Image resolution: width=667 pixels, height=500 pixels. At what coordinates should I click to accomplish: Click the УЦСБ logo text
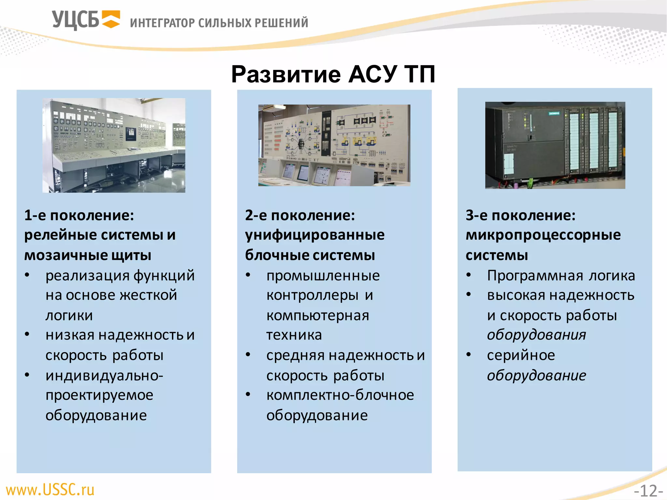point(75,20)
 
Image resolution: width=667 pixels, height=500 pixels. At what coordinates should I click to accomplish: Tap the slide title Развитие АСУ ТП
point(333,74)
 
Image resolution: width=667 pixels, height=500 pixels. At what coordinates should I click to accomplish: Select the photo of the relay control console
point(114,145)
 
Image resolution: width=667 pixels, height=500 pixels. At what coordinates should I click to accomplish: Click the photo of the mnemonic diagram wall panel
point(334,145)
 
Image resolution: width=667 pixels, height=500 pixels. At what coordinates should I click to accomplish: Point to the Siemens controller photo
point(555,145)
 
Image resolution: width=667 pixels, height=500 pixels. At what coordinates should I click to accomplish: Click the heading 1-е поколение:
point(79,215)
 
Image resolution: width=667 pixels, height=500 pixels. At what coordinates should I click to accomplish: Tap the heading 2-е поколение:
point(300,215)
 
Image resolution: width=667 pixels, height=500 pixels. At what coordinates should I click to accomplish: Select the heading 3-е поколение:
point(520,215)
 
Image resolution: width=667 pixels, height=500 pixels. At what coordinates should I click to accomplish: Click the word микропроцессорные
point(543,235)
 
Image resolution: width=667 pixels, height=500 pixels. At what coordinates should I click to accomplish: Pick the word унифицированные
point(315,235)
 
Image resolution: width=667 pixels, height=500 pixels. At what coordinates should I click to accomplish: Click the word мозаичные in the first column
point(65,255)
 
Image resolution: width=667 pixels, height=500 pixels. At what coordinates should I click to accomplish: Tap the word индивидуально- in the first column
point(104,375)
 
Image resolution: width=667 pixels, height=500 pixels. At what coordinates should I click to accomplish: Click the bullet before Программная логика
point(469,275)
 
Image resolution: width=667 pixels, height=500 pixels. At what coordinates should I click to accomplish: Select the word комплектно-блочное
point(340,395)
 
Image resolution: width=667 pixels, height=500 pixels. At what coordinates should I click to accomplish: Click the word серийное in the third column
point(521,355)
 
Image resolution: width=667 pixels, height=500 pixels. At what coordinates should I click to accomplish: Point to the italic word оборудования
point(536,335)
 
